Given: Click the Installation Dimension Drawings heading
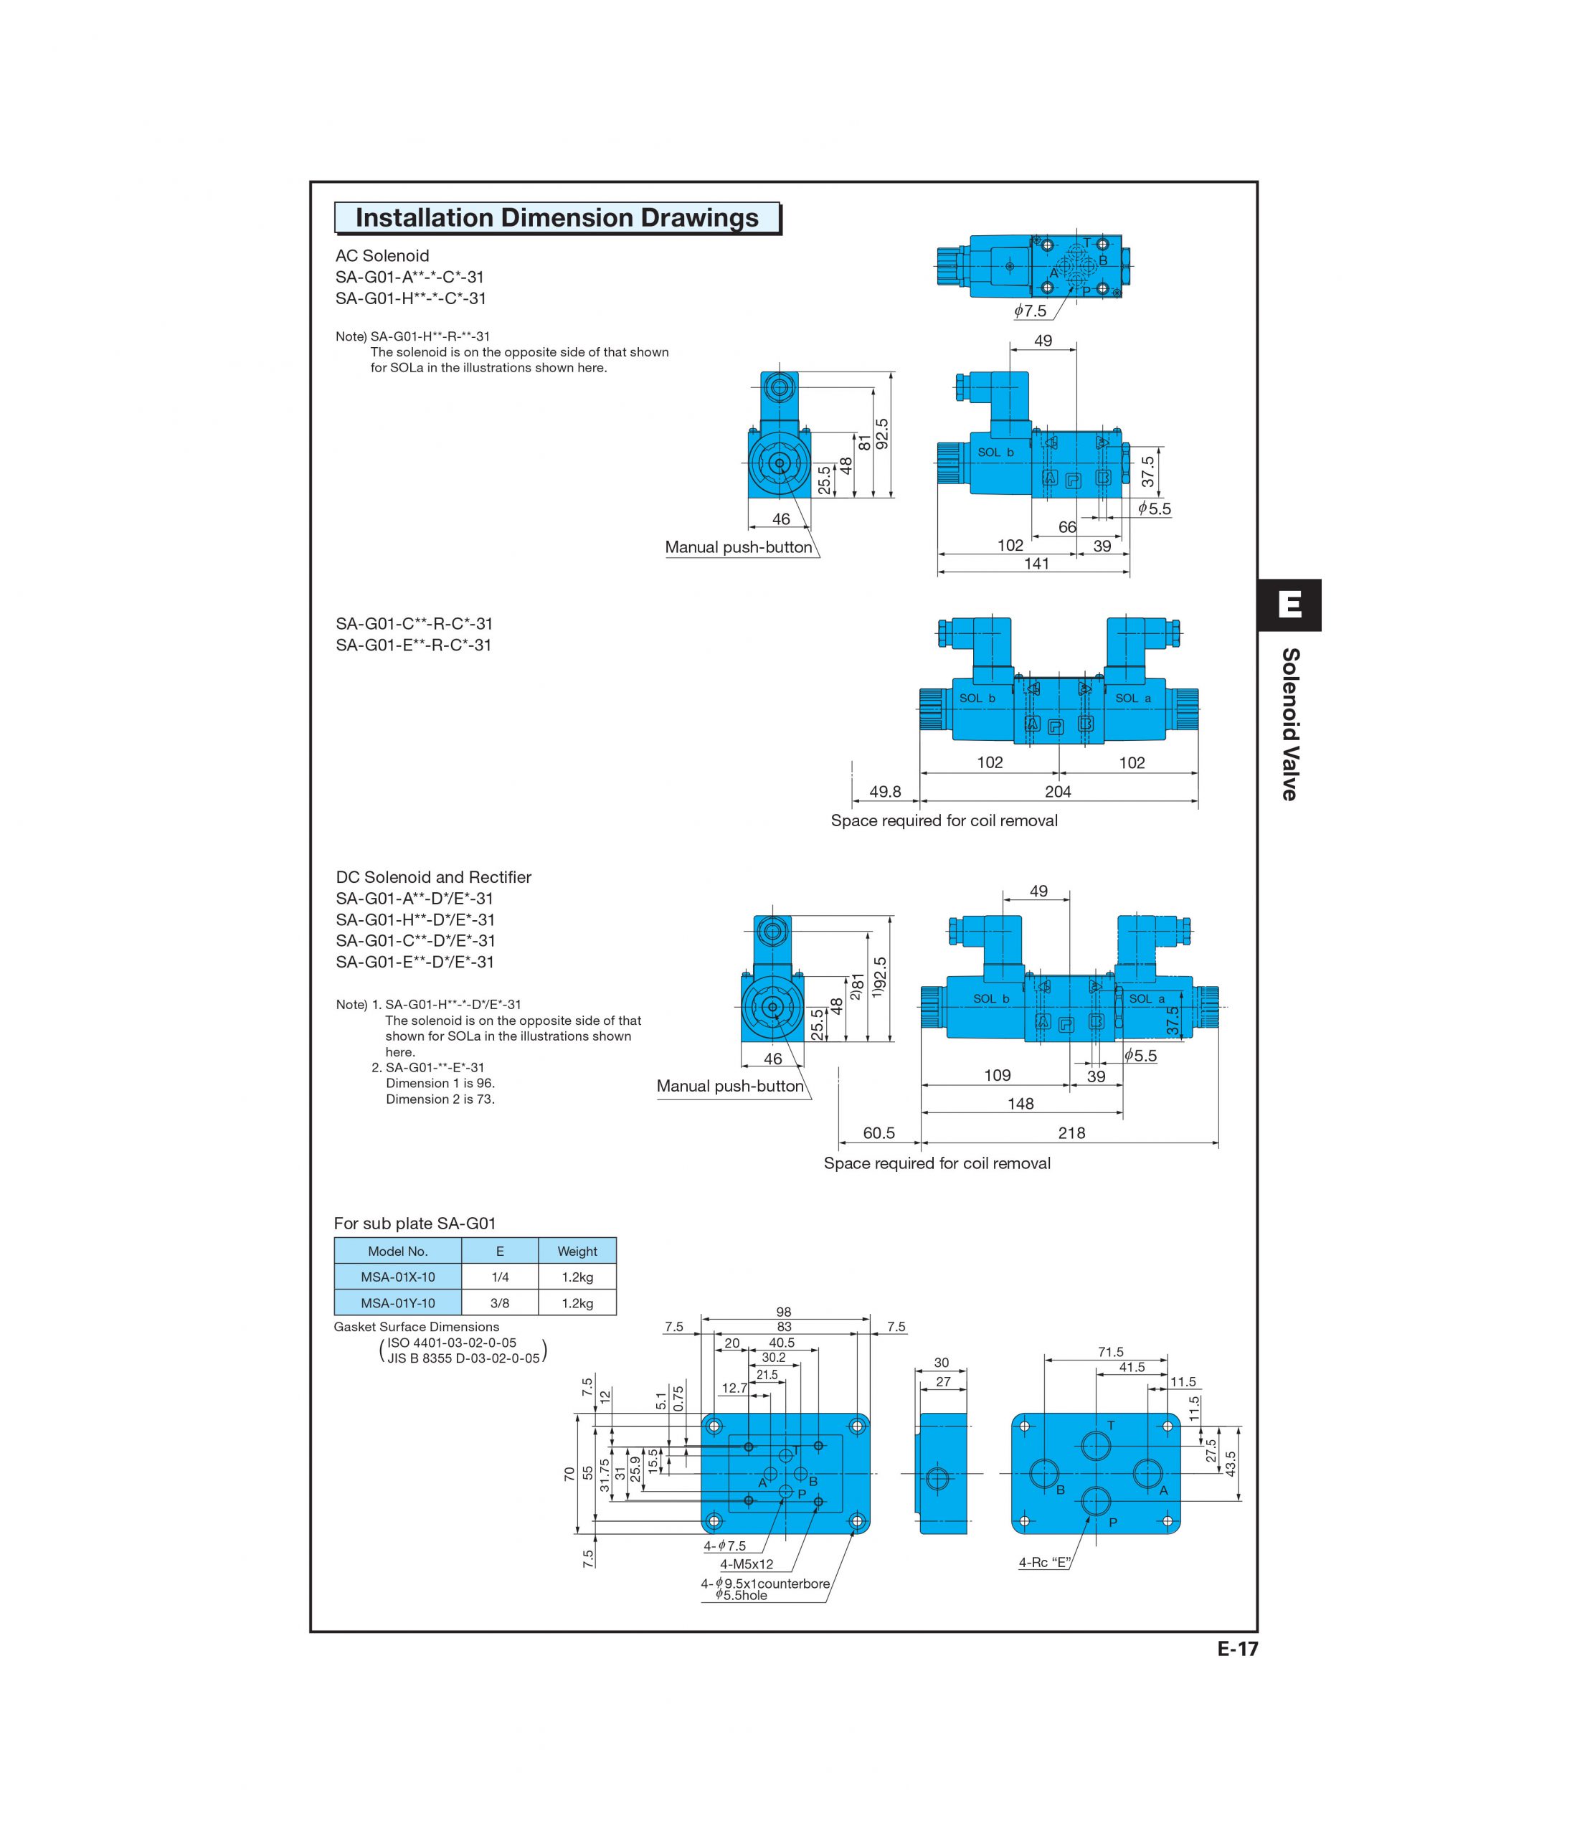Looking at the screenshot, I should point(557,218).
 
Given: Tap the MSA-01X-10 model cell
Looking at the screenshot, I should point(398,1277).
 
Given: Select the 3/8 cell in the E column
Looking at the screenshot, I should point(500,1302).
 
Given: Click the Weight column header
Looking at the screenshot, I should point(577,1251).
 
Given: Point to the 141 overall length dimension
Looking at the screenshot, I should point(1036,564).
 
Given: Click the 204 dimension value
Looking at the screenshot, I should point(1058,791).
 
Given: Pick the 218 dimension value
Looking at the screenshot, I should point(1071,1132).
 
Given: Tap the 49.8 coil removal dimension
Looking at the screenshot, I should point(885,791).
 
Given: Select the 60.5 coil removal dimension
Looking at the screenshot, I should point(879,1132).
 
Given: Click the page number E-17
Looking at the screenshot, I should point(1237,1649).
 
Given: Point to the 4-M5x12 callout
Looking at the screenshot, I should point(746,1564).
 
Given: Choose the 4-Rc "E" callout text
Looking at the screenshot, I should point(1045,1562).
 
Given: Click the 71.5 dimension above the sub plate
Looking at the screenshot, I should point(1110,1352).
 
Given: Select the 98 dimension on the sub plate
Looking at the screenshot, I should point(783,1312).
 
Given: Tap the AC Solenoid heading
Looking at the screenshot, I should point(382,256).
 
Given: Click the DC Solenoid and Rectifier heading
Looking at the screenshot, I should point(433,877).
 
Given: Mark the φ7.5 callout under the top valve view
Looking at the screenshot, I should point(1031,311).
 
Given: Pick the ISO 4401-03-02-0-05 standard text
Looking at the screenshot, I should point(451,1343).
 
